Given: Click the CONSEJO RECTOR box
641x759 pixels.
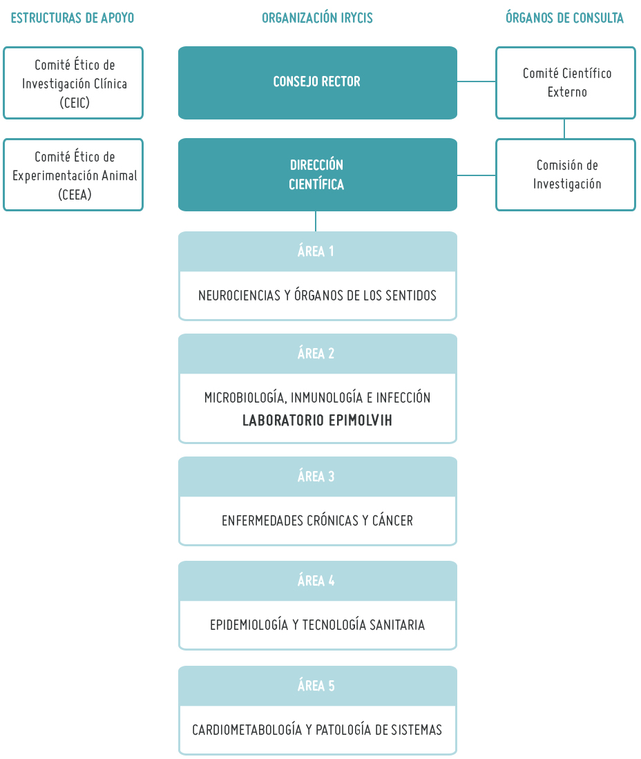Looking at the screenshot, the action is click(318, 83).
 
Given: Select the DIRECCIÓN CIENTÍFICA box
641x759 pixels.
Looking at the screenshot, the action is click(318, 175).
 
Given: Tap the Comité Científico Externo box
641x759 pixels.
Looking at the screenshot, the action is click(566, 83).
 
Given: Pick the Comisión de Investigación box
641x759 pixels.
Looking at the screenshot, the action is click(566, 175).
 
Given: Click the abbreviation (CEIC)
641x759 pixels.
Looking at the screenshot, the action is click(75, 103).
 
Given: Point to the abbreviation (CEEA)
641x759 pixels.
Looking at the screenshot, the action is click(75, 195).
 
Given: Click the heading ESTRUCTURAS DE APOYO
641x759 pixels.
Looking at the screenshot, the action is click(72, 18).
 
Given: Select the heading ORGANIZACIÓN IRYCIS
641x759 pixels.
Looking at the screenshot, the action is click(317, 18).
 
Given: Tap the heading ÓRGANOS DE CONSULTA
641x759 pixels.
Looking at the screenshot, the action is click(564, 18).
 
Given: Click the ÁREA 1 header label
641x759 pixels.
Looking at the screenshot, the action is click(316, 251).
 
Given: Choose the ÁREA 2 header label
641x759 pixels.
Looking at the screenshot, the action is click(316, 354).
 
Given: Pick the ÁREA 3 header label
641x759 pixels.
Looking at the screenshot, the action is click(316, 477).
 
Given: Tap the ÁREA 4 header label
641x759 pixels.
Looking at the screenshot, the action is click(316, 580).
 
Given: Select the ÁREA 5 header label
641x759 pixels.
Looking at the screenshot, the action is click(316, 685).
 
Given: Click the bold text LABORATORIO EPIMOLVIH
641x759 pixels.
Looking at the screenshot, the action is click(317, 420).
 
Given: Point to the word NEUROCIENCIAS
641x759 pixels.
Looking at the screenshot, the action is click(239, 296).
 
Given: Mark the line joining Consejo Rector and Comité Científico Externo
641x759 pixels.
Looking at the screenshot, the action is click(477, 81).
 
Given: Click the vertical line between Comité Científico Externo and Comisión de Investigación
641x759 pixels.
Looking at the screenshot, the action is click(564, 128).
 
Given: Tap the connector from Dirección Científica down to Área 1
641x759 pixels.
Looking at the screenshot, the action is click(316, 221).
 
